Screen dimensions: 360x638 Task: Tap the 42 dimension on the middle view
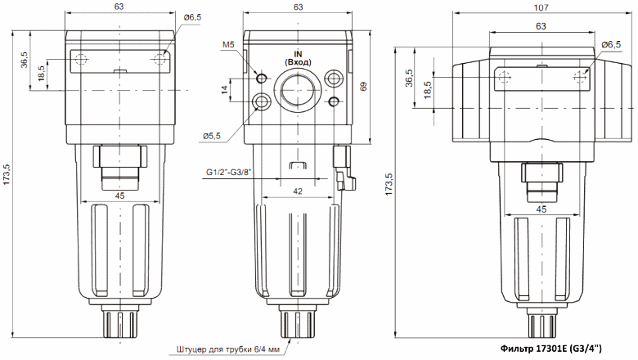point(298,189)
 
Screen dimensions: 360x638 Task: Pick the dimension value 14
point(224,90)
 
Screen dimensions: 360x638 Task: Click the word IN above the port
point(298,52)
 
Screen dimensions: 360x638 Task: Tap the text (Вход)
point(298,62)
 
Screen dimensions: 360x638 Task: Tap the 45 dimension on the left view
point(119,195)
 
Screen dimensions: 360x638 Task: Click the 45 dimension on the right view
point(541,209)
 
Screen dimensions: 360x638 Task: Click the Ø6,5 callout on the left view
point(193,18)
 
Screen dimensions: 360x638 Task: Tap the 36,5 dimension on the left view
point(24,61)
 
